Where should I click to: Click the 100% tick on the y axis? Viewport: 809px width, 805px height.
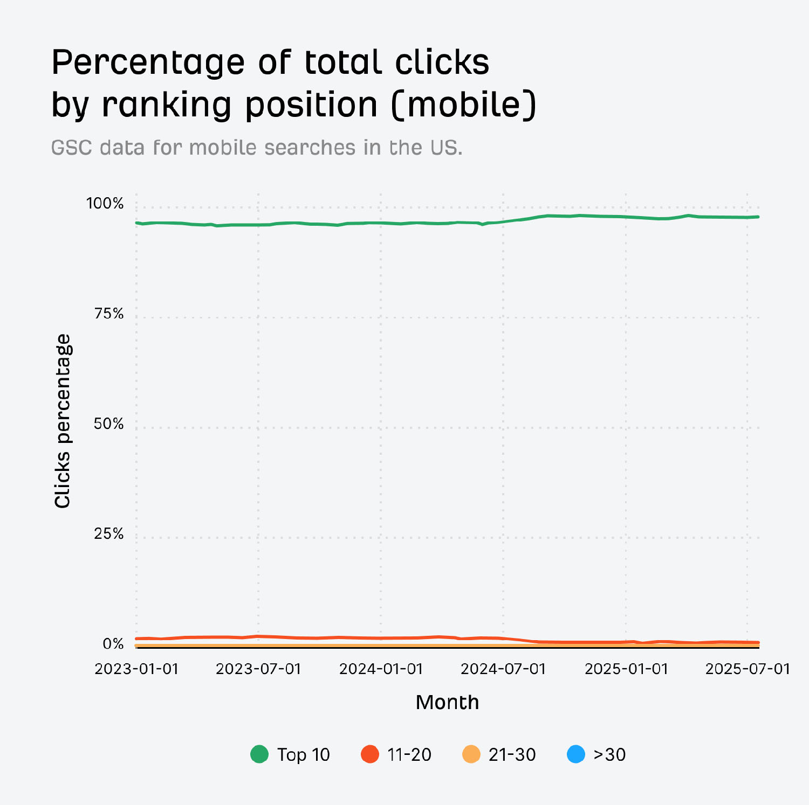(105, 204)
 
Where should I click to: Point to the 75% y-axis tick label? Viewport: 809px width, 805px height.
(108, 314)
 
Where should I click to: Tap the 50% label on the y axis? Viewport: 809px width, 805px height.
(108, 424)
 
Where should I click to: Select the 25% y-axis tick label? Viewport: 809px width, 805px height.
(108, 534)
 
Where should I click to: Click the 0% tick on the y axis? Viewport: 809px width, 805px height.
(113, 644)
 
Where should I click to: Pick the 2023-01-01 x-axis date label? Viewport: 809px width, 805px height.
(136, 669)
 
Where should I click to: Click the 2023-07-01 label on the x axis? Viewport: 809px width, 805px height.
(258, 669)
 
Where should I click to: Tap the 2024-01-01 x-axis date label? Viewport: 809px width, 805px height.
(381, 669)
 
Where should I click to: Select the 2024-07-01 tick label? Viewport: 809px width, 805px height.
(503, 669)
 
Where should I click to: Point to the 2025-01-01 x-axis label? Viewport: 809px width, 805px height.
(626, 669)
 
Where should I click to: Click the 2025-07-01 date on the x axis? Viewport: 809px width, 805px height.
(748, 669)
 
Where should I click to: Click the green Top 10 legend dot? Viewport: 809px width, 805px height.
(259, 754)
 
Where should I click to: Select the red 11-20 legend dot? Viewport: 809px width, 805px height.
(370, 754)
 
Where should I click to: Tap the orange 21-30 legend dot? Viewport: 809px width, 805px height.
(471, 754)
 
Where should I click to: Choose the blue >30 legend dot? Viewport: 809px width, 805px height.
(576, 754)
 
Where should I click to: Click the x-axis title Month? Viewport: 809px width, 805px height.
(447, 703)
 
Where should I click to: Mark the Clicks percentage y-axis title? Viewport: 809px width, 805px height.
(63, 421)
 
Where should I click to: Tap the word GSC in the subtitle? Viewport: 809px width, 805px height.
(71, 148)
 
